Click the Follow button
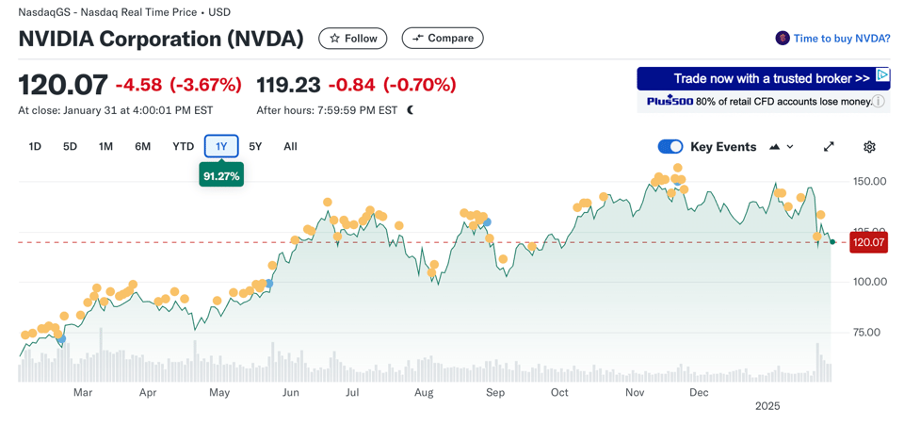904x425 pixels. [353, 39]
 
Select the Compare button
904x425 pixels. [443, 39]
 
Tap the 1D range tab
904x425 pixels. [35, 147]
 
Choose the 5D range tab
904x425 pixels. [70, 147]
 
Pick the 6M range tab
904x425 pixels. [142, 147]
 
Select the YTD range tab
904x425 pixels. [183, 147]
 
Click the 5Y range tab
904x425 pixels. [255, 147]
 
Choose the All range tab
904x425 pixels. [290, 147]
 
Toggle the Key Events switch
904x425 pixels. [670, 147]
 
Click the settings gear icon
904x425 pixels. [869, 147]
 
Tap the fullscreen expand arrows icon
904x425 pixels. [829, 147]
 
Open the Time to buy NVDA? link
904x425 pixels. [841, 39]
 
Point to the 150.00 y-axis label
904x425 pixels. [868, 181]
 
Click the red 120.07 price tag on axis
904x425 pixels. [868, 242]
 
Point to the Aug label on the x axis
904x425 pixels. [424, 392]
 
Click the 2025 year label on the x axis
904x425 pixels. [767, 406]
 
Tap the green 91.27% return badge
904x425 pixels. [221, 176]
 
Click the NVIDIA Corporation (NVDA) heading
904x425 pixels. [161, 39]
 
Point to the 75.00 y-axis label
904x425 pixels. [868, 332]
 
